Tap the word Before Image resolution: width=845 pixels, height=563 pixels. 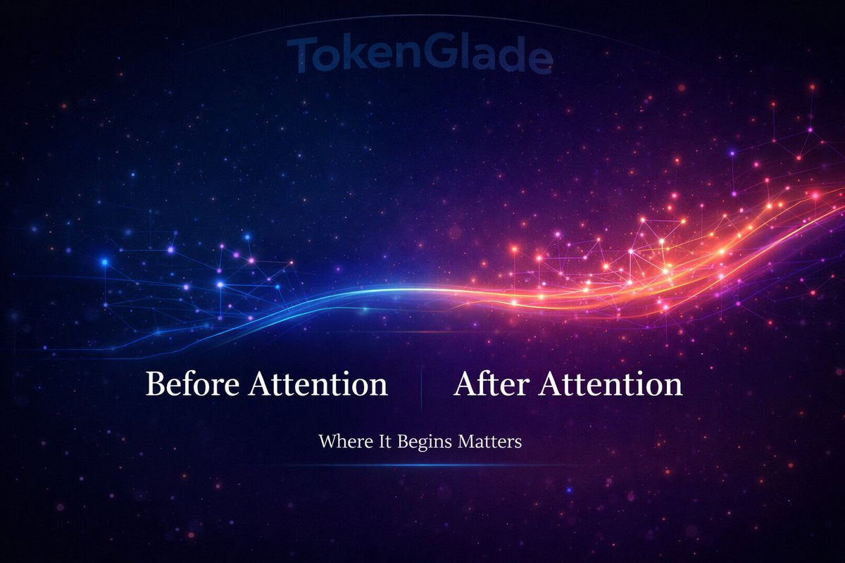click(184, 385)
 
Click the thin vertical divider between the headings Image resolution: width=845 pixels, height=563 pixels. click(421, 386)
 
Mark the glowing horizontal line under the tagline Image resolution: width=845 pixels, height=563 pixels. click(420, 465)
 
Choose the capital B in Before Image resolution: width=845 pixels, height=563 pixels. click(155, 385)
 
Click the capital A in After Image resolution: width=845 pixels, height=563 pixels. click(465, 385)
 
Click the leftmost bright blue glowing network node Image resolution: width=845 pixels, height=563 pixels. click(105, 262)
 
